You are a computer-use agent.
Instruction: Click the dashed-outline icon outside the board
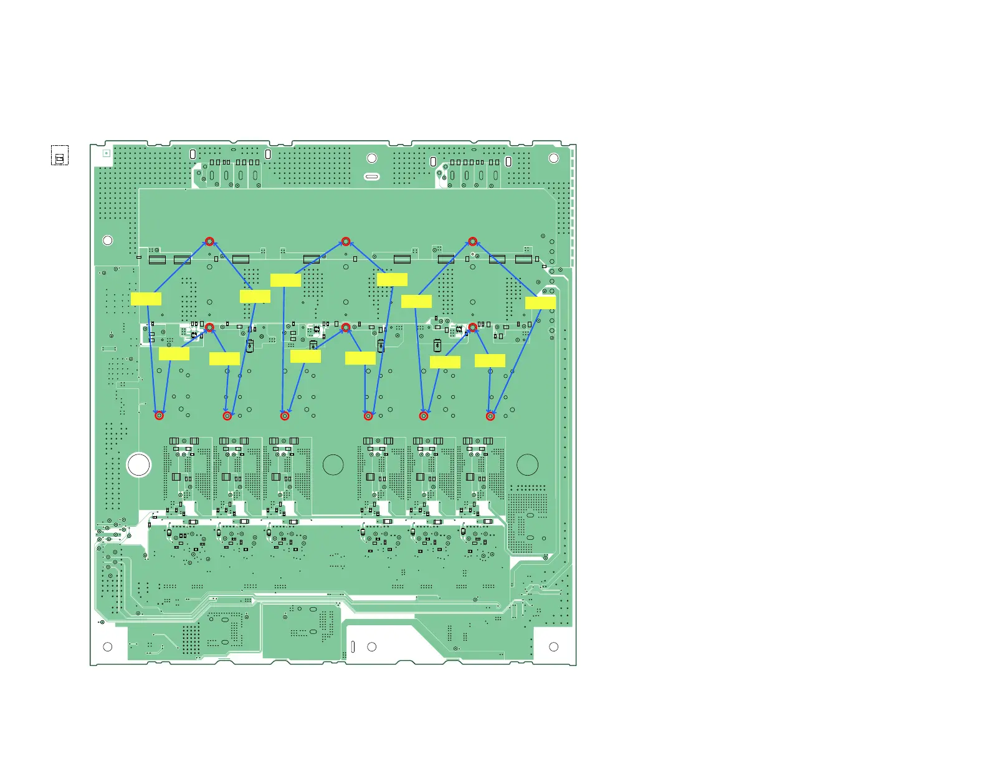point(60,156)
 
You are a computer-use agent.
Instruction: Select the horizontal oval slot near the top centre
point(371,176)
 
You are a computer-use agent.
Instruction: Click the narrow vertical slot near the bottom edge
point(353,647)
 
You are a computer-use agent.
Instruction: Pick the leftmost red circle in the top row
point(209,241)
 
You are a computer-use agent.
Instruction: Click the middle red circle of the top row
point(346,241)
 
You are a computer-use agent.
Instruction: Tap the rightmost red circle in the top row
point(472,241)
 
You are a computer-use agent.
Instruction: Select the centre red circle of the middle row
point(346,327)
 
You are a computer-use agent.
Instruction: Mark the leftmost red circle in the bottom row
point(160,415)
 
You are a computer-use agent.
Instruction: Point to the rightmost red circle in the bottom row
point(490,416)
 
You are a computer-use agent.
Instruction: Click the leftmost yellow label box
point(146,299)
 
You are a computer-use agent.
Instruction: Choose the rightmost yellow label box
point(540,303)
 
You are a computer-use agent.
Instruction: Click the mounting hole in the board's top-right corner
point(553,158)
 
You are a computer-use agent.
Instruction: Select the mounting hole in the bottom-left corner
point(107,647)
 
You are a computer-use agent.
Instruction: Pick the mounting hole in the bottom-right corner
point(553,647)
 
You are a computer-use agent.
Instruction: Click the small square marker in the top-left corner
point(106,153)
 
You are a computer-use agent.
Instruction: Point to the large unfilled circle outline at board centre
point(333,465)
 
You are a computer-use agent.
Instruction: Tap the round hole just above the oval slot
point(371,158)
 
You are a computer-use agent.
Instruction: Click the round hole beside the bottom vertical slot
point(371,647)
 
